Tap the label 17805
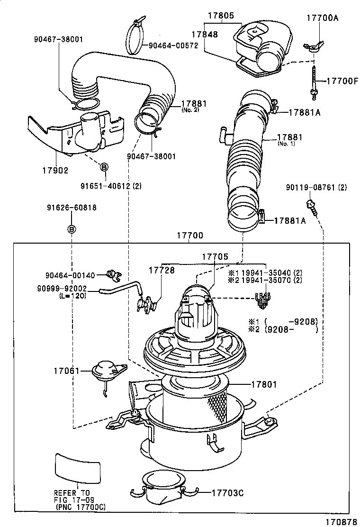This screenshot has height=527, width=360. (220, 16)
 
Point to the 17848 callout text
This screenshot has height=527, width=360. (205, 34)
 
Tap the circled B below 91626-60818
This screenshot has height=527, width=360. (72, 229)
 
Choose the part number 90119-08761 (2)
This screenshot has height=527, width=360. (316, 188)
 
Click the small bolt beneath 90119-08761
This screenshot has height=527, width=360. (311, 204)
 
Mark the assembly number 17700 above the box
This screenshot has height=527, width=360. (190, 235)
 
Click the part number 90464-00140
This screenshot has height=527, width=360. (70, 275)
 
